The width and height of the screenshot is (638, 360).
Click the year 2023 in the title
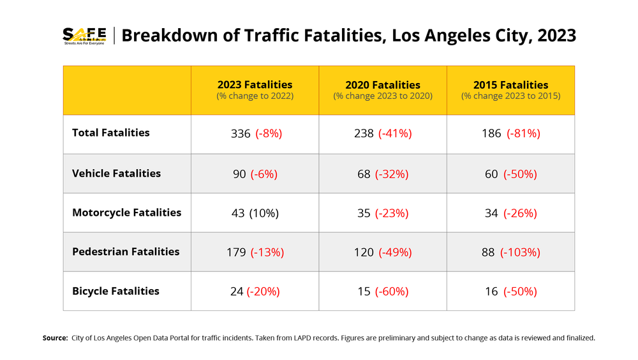(556, 36)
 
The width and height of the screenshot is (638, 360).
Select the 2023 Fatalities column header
(255, 85)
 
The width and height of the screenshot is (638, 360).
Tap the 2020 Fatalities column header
(383, 85)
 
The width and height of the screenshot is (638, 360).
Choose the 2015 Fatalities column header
(510, 85)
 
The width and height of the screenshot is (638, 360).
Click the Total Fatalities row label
(111, 133)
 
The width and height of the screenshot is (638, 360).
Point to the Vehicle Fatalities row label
(116, 173)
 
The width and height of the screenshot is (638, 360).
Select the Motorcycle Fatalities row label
(126, 213)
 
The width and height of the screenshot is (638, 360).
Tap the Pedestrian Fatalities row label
(126, 251)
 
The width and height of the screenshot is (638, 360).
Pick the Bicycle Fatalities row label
(115, 291)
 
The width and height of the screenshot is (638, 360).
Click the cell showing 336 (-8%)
(255, 133)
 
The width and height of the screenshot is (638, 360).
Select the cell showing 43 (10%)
(255, 213)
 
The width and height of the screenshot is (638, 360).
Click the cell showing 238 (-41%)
(383, 133)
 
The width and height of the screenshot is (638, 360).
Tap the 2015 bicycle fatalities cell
(510, 292)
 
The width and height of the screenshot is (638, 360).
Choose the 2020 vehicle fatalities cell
(383, 174)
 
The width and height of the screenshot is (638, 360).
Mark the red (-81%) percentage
(523, 133)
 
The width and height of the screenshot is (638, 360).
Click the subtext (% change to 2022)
(255, 96)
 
